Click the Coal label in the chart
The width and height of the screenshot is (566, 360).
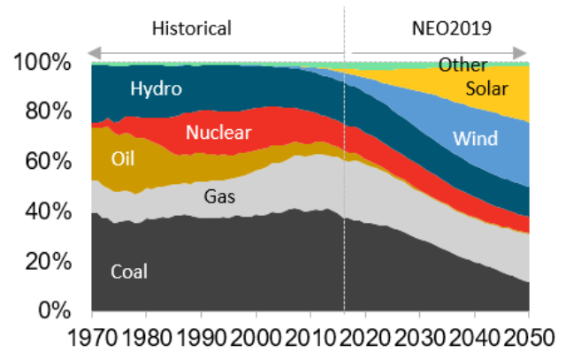coord(129,272)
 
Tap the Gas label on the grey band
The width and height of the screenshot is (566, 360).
coord(220,195)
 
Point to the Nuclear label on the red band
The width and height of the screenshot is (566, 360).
coord(218,134)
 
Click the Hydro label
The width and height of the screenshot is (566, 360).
coord(156,88)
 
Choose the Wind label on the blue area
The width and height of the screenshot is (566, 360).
coord(475,139)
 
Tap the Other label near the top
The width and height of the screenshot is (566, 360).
coord(463,65)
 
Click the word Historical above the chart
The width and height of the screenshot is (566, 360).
coord(191,28)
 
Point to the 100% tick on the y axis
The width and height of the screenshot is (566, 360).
coord(42,63)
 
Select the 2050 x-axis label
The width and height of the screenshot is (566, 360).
coord(528,337)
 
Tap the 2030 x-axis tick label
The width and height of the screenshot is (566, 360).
coord(419,337)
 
